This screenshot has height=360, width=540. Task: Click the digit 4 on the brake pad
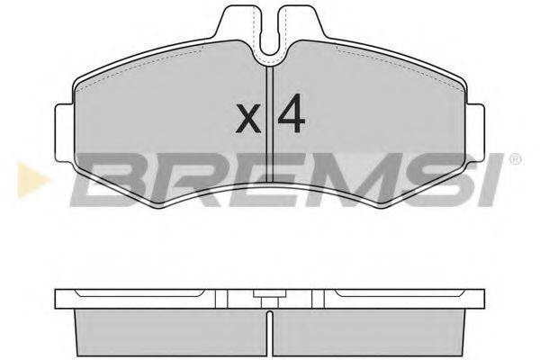[x=292, y=113]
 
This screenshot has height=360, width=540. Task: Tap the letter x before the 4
[x=248, y=119]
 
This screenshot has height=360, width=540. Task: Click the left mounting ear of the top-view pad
[x=65, y=132]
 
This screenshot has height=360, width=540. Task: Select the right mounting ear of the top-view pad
[x=475, y=132]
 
